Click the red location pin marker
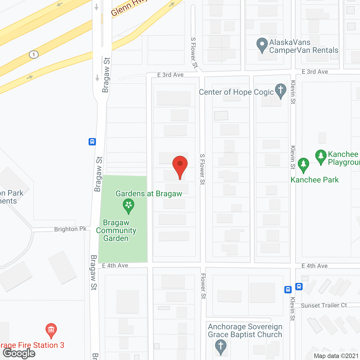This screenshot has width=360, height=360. (180, 165)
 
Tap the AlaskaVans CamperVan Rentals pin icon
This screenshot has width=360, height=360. (262, 45)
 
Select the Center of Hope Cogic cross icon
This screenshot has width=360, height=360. (280, 91)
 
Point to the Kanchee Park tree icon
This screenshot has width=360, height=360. (303, 165)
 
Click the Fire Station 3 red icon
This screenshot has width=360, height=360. (51, 330)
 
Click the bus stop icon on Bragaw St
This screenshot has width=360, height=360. (92, 141)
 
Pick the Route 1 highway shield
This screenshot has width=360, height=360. (34, 54)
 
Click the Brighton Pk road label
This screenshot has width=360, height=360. (70, 229)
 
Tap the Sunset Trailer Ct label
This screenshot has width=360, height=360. (324, 305)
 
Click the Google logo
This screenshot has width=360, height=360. (19, 354)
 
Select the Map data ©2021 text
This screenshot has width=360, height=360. (336, 356)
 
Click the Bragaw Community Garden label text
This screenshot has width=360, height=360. (116, 230)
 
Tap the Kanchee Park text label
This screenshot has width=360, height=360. (314, 180)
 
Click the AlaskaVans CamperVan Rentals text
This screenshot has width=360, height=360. (304, 46)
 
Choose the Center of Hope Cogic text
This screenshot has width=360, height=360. (236, 92)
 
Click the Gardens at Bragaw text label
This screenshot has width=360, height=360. (149, 193)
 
